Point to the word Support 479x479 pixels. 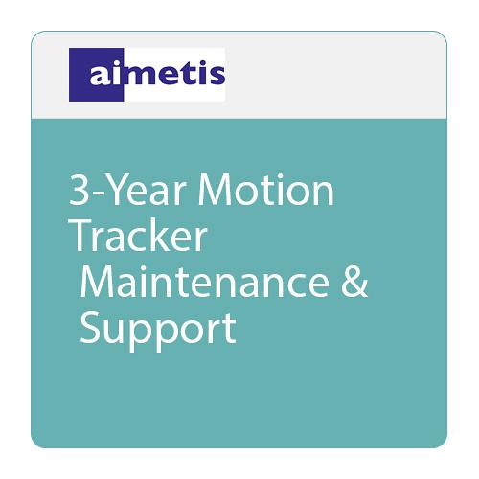pyautogui.click(x=157, y=328)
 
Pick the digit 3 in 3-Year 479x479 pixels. pyautogui.click(x=80, y=192)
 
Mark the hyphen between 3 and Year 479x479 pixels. pyautogui.click(x=98, y=194)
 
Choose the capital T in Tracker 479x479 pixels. pyautogui.click(x=80, y=236)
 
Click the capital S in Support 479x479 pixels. pyautogui.click(x=91, y=328)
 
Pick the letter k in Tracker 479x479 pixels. pyautogui.click(x=169, y=236)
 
